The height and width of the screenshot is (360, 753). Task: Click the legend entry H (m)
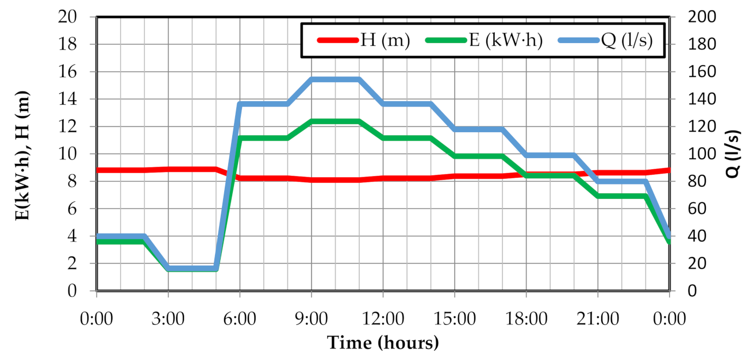(x=384, y=40)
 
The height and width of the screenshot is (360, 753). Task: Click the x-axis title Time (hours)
(x=383, y=343)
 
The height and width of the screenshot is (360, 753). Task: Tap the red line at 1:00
(x=121, y=170)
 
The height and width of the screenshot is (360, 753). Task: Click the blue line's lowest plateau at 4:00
(x=192, y=268)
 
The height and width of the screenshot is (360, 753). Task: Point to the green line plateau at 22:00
(x=622, y=196)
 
